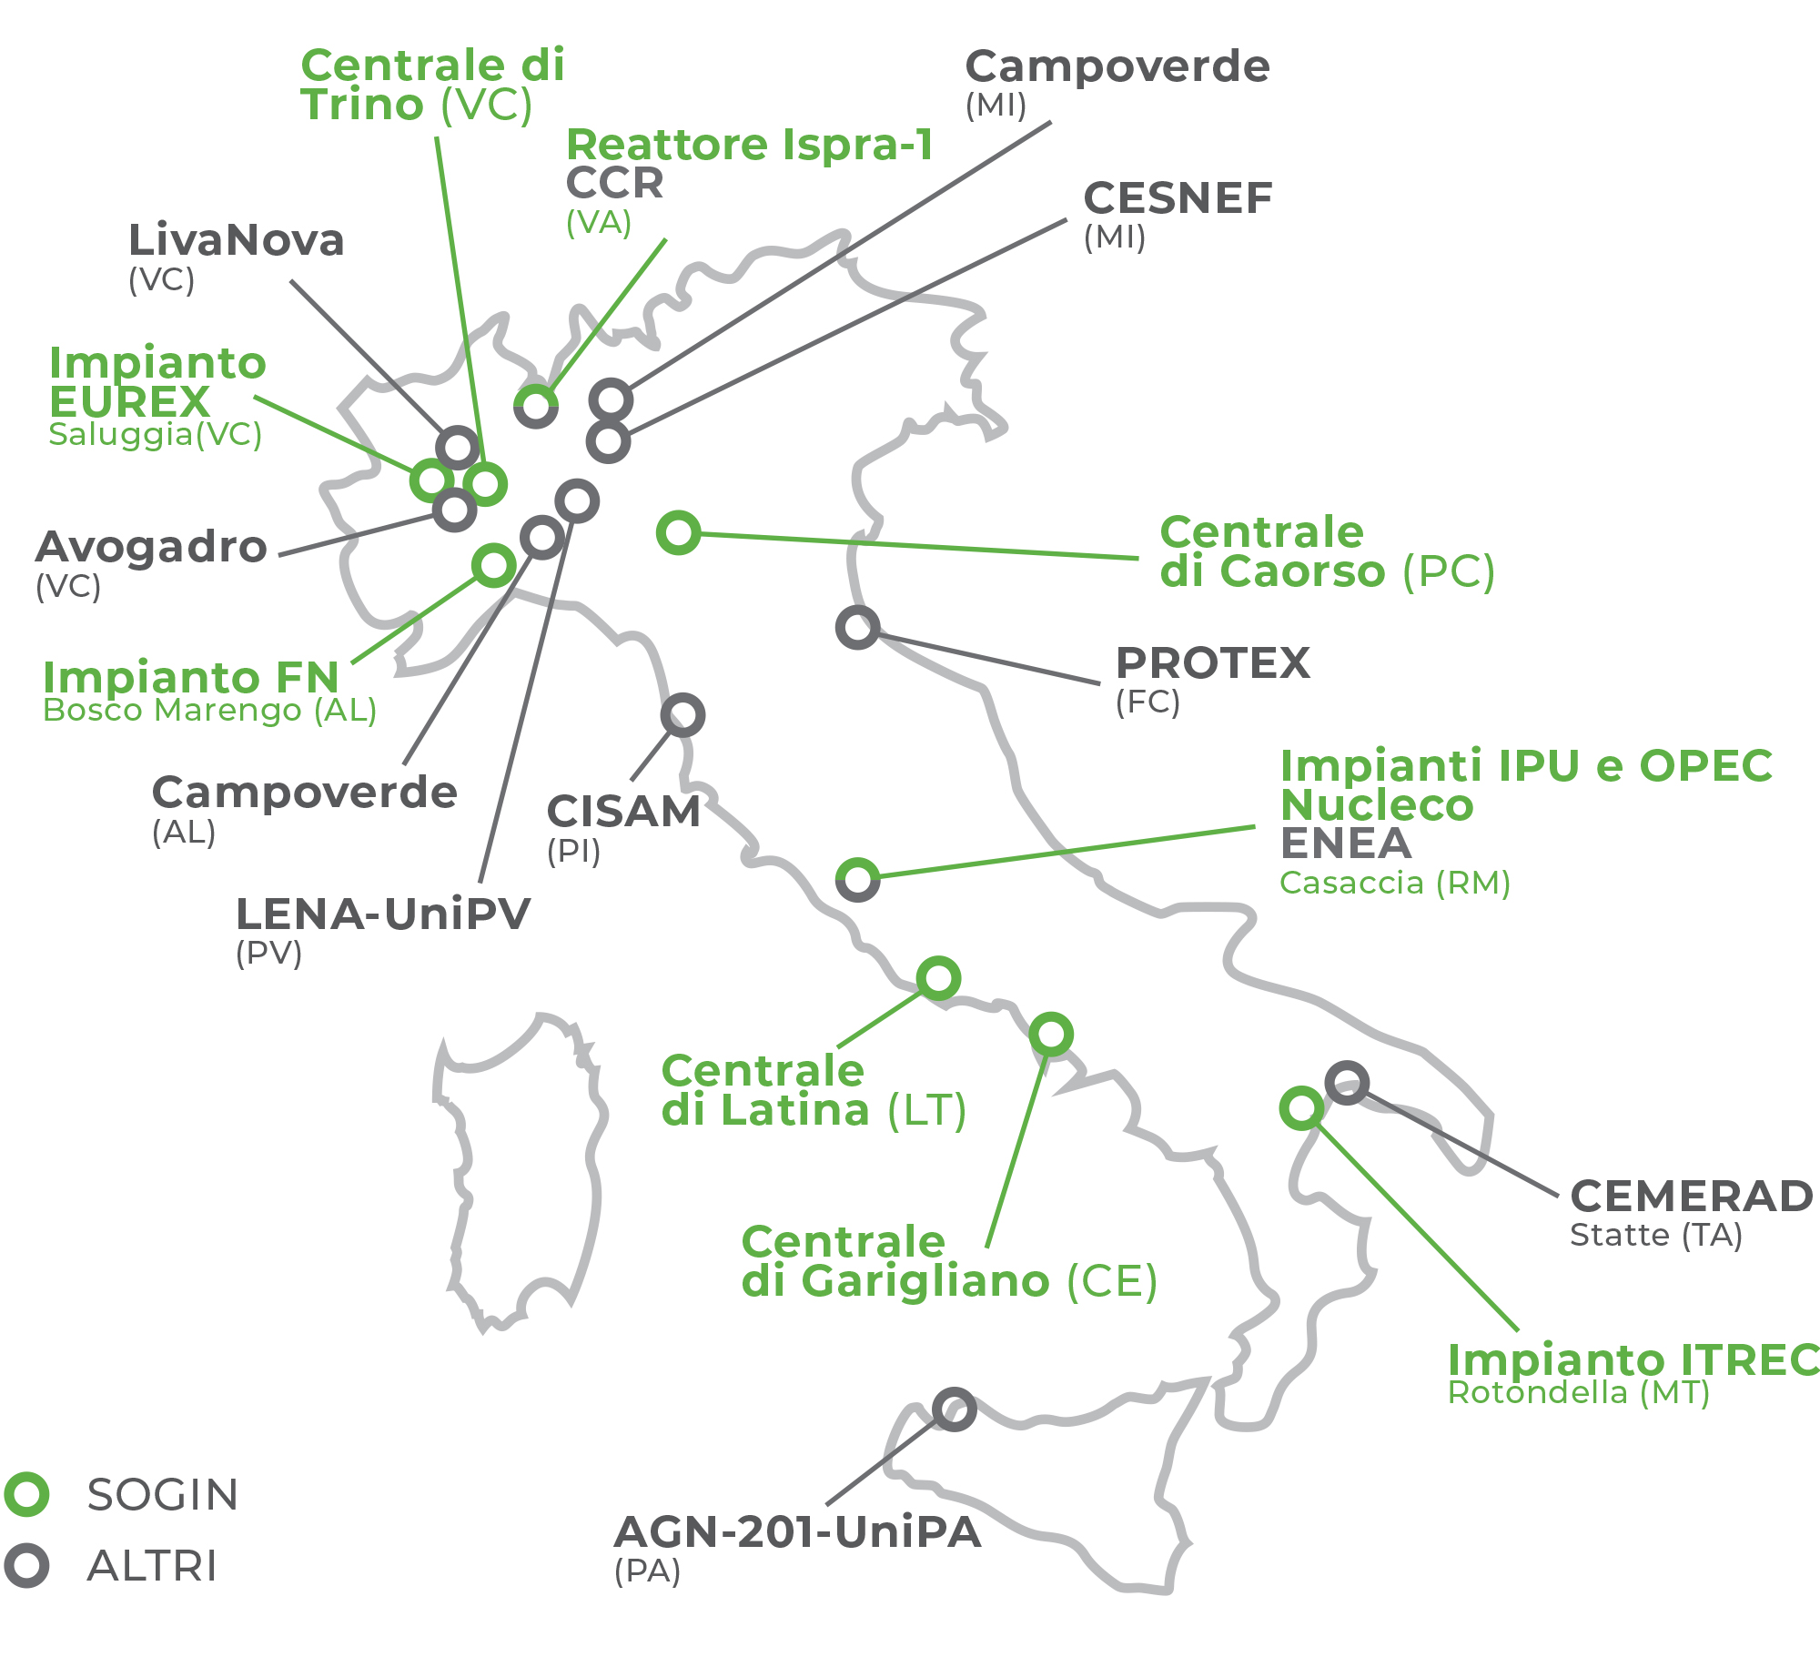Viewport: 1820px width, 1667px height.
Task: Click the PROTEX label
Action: [x=1212, y=662]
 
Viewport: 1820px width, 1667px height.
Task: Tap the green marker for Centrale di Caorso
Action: [x=679, y=532]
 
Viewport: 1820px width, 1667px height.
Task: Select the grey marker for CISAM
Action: [x=682, y=715]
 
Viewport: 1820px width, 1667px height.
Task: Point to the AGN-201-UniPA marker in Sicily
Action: [x=955, y=1409]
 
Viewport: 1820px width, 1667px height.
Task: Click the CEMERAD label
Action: [x=1692, y=1196]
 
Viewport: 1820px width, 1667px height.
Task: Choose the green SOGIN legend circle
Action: [x=26, y=1494]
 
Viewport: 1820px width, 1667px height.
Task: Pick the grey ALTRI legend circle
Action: [x=26, y=1565]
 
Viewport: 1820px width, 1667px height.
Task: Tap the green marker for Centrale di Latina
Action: [x=939, y=978]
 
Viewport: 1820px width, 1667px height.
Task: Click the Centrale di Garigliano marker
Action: [x=1051, y=1034]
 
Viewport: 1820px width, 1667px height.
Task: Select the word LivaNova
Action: [x=237, y=240]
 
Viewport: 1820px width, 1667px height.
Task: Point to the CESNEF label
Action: [x=1178, y=198]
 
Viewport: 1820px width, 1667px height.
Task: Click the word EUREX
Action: [x=130, y=401]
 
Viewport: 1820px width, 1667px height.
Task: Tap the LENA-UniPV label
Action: [x=382, y=914]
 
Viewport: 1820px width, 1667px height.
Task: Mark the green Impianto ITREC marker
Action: [x=1301, y=1107]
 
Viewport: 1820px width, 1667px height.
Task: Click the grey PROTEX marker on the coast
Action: [x=857, y=627]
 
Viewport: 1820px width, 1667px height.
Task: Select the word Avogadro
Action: [x=151, y=547]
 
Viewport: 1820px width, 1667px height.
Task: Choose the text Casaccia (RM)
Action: [x=1395, y=882]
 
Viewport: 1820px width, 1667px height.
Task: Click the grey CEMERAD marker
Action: [x=1347, y=1083]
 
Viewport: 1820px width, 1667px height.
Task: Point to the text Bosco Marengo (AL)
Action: [x=210, y=710]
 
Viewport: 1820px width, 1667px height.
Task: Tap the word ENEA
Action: [x=1346, y=844]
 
